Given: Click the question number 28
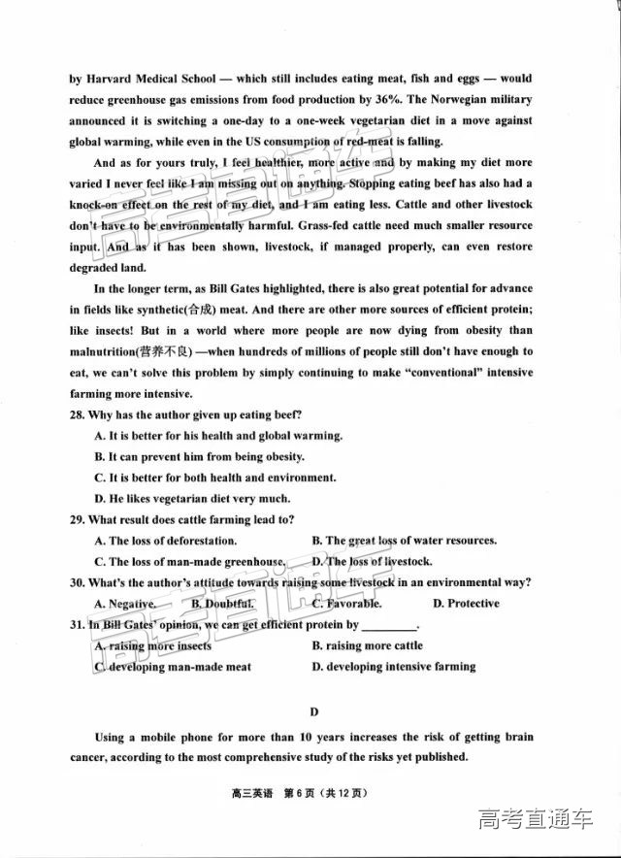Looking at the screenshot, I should [78, 414].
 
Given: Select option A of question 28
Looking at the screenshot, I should [99, 436].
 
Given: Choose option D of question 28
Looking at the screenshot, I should [99, 498].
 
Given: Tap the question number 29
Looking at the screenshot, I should [78, 519].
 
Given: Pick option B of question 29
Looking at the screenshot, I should [317, 541].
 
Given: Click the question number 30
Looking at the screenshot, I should [78, 582].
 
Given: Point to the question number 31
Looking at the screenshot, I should [78, 625].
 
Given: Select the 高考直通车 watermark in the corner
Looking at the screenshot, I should [535, 820].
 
